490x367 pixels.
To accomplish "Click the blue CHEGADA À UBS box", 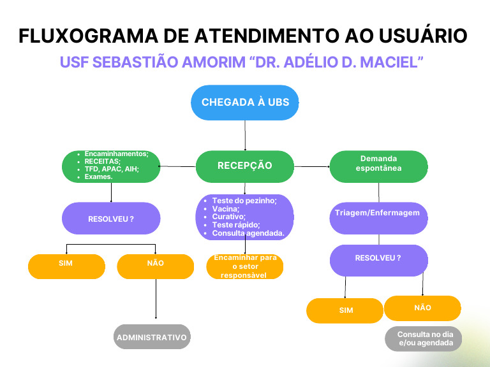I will coord(245,103).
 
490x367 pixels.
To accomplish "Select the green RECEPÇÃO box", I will coord(245,166).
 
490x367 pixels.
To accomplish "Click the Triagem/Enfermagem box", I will coord(378,213).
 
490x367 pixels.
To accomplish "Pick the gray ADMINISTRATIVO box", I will coord(152,337).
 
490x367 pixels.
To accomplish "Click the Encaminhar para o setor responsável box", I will coord(245,266).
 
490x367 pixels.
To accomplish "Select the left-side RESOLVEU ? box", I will coord(111,219).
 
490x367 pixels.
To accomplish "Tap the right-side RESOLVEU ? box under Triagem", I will coord(378,259).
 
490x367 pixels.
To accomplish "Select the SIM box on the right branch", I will coord(345,310).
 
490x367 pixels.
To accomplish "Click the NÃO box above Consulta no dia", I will coord(422,308).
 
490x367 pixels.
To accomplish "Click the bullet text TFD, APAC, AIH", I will coord(112,169).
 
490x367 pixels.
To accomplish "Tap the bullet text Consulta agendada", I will coord(248,233).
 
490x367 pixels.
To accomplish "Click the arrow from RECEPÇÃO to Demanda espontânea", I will coord(311,166).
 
